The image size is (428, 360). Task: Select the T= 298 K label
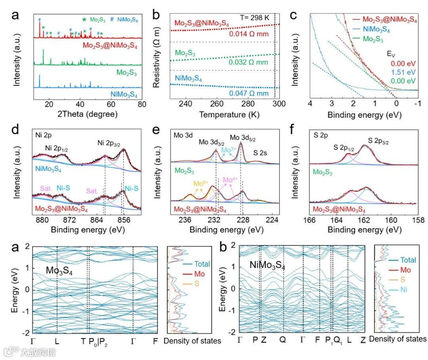[x=255, y=17]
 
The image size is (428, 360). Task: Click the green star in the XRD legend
[x=84, y=19]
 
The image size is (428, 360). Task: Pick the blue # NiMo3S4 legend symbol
[x=112, y=19]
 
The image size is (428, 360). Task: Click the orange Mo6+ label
[x=201, y=184]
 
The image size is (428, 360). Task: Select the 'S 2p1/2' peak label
[x=344, y=148]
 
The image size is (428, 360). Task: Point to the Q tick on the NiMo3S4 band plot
[x=283, y=340]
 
